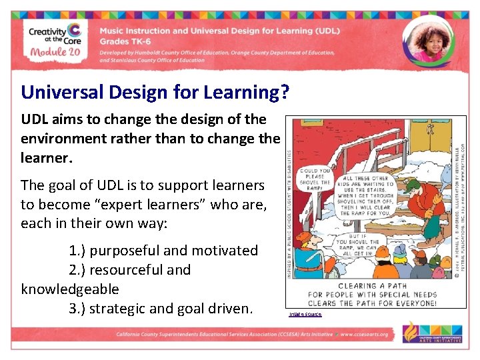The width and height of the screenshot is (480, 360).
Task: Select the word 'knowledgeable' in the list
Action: coord(70,289)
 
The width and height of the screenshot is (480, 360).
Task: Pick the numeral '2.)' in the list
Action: coord(78,270)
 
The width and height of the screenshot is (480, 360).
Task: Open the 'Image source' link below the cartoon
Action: coord(305,314)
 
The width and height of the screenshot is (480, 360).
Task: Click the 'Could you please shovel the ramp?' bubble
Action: coord(315,179)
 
